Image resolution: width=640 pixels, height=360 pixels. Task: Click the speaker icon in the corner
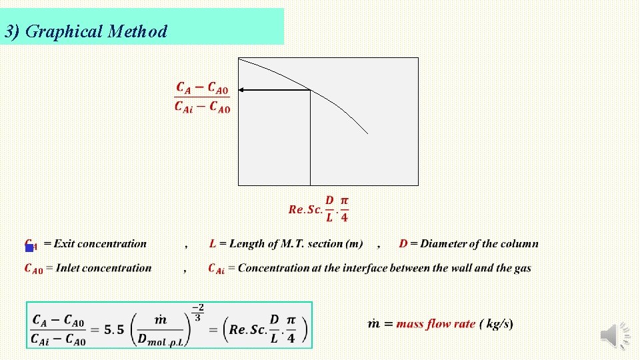[x=615, y=335]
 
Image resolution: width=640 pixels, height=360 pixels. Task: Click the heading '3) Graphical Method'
[x=85, y=31]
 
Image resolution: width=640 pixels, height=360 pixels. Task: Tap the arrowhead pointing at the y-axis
[x=243, y=89]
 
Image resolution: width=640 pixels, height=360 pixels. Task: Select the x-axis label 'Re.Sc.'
[x=305, y=209]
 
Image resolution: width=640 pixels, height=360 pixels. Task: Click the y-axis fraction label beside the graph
[x=202, y=98]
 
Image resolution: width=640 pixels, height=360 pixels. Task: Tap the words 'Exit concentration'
[x=100, y=244]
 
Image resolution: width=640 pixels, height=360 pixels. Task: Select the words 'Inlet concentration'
[x=104, y=268]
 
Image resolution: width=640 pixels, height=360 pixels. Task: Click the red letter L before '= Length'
[x=212, y=244]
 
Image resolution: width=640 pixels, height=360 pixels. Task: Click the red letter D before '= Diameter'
[x=403, y=244]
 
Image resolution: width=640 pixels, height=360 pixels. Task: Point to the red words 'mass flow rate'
[x=435, y=324]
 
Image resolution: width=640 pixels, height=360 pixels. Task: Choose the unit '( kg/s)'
[x=496, y=324]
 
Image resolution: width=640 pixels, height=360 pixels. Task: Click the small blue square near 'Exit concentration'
[x=29, y=248]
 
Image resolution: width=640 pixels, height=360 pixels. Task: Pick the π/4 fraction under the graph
[x=344, y=209]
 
